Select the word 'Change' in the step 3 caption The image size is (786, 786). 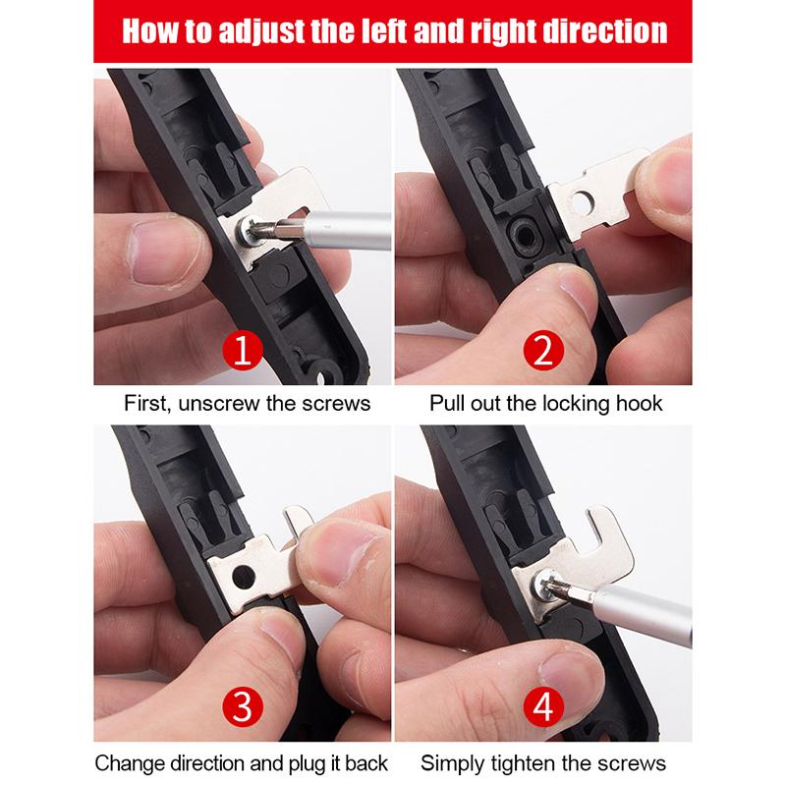[129, 762]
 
